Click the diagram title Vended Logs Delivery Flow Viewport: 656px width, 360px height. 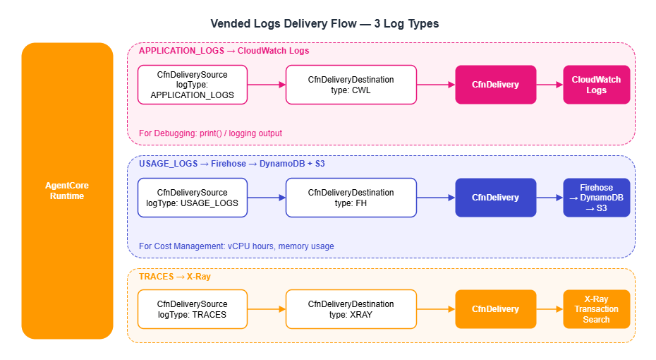point(324,23)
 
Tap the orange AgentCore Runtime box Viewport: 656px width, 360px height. point(67,191)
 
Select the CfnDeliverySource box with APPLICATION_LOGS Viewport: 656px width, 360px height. point(192,85)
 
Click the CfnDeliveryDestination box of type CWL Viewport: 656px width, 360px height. point(351,85)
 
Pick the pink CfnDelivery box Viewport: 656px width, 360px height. point(495,85)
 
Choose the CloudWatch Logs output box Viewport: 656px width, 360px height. point(596,85)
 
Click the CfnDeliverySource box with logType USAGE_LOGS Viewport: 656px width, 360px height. point(192,198)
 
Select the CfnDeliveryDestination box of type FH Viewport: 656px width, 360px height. point(351,198)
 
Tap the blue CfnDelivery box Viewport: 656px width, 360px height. point(495,198)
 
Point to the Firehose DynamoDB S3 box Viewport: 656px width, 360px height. point(596,198)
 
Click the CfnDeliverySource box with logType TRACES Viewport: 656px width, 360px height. point(192,309)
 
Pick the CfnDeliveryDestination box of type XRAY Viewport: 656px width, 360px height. point(351,309)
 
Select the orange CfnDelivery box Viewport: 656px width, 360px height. point(495,309)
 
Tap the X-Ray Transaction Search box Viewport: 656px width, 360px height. point(596,309)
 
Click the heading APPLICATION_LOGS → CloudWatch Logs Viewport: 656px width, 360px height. point(224,51)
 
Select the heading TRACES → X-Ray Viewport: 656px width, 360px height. point(174,277)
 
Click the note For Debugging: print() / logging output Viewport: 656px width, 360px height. point(210,133)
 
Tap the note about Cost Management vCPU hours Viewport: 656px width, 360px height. point(236,246)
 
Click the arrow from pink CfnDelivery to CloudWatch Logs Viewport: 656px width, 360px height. point(549,85)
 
